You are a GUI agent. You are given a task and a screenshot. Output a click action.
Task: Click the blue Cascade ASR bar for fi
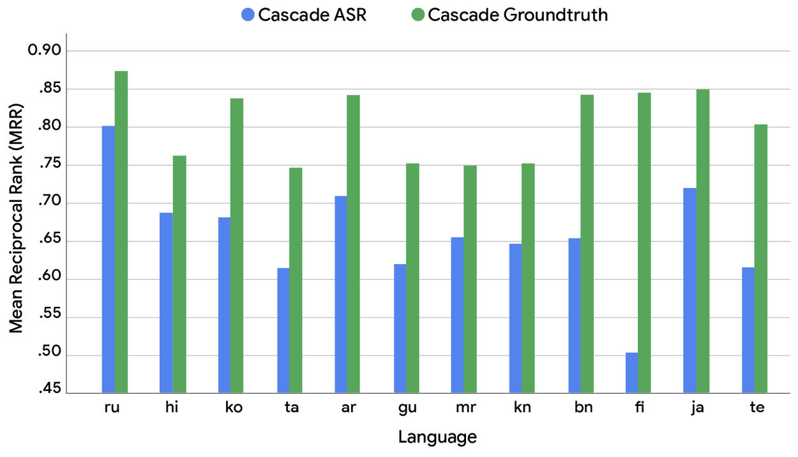tap(631, 373)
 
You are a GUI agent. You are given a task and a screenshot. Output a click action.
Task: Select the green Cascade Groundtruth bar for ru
tap(121, 231)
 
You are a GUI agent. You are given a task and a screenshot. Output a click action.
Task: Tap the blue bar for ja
tap(690, 290)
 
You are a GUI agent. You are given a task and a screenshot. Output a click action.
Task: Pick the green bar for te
tap(761, 258)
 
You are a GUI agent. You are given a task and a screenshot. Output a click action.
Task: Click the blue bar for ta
tap(283, 330)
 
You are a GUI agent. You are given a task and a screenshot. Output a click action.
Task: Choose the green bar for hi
tap(179, 274)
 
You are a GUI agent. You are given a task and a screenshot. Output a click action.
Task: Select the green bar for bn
tap(587, 244)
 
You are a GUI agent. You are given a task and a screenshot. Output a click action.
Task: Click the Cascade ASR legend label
tap(312, 15)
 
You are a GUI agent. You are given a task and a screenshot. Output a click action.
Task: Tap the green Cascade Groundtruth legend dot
tap(418, 15)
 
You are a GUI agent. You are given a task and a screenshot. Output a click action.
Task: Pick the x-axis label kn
tap(522, 408)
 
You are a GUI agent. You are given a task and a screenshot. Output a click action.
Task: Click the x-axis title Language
tap(437, 438)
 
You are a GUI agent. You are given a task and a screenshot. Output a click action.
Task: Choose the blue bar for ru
tap(109, 259)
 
